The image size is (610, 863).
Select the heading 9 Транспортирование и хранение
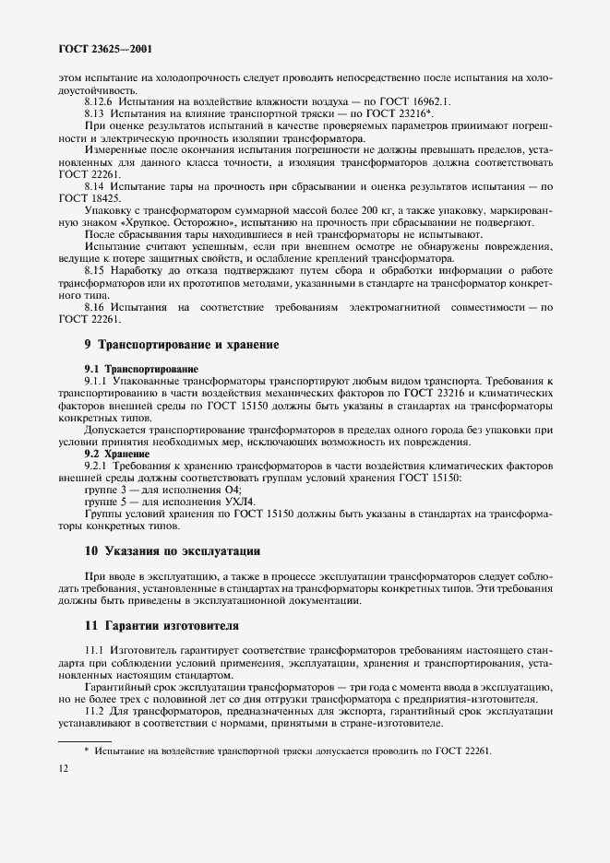pyautogui.click(x=169, y=344)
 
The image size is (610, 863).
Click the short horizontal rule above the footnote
pyautogui.click(x=85, y=739)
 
